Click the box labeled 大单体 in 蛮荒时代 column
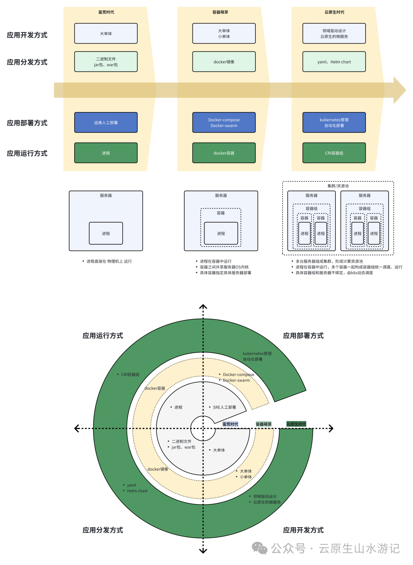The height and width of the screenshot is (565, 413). point(106,34)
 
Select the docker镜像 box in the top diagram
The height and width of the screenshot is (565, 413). point(224,62)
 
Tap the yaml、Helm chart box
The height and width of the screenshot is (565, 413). point(334,62)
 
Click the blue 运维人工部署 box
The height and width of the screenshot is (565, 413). point(106,123)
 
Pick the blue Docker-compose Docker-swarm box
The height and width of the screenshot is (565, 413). point(224,123)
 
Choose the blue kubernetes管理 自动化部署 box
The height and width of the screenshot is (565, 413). point(334,123)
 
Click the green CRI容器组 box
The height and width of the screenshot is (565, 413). point(334,153)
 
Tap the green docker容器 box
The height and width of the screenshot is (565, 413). point(224,153)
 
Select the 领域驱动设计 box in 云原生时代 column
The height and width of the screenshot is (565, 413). point(334,34)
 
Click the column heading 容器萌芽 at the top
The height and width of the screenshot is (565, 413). point(220,12)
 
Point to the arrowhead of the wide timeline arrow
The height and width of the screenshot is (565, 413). point(400,90)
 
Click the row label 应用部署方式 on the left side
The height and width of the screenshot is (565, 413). point(27,123)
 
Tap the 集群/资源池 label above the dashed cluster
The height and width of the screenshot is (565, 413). point(338,186)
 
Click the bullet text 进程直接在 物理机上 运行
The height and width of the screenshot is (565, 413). point(109,261)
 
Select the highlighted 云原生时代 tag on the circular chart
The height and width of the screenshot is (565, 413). point(296,424)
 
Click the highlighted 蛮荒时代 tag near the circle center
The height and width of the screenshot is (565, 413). point(230,424)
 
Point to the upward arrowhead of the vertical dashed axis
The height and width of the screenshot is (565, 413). point(203,306)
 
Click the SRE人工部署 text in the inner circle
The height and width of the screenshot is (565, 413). point(224,407)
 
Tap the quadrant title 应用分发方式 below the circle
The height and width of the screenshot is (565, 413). point(103,530)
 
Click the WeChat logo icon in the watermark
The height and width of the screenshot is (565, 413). point(260,548)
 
